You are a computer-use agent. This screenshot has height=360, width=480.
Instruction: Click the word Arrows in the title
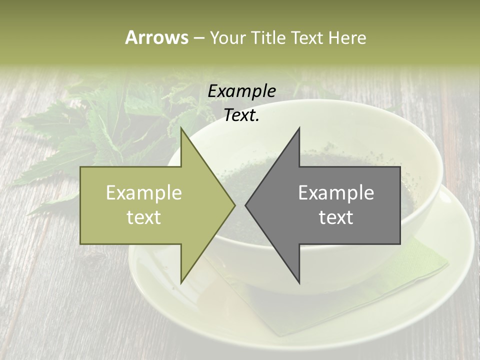(x=156, y=37)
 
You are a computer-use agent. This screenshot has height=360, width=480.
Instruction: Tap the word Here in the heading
(x=347, y=37)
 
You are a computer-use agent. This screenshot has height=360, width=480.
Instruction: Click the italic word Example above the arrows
(x=242, y=91)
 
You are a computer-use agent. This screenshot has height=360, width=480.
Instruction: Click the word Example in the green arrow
(x=144, y=193)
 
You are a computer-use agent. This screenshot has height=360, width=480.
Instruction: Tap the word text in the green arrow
(x=144, y=217)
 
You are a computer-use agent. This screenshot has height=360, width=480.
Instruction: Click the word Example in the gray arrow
(x=336, y=193)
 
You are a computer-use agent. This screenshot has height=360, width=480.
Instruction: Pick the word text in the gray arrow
(x=336, y=217)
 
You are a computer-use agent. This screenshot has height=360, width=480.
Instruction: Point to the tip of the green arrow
(x=234, y=205)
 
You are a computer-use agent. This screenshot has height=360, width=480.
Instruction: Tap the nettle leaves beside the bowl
(x=100, y=130)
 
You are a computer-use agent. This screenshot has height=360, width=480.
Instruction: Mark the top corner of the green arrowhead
(x=181, y=128)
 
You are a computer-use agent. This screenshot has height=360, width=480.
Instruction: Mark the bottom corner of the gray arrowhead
(x=299, y=282)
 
